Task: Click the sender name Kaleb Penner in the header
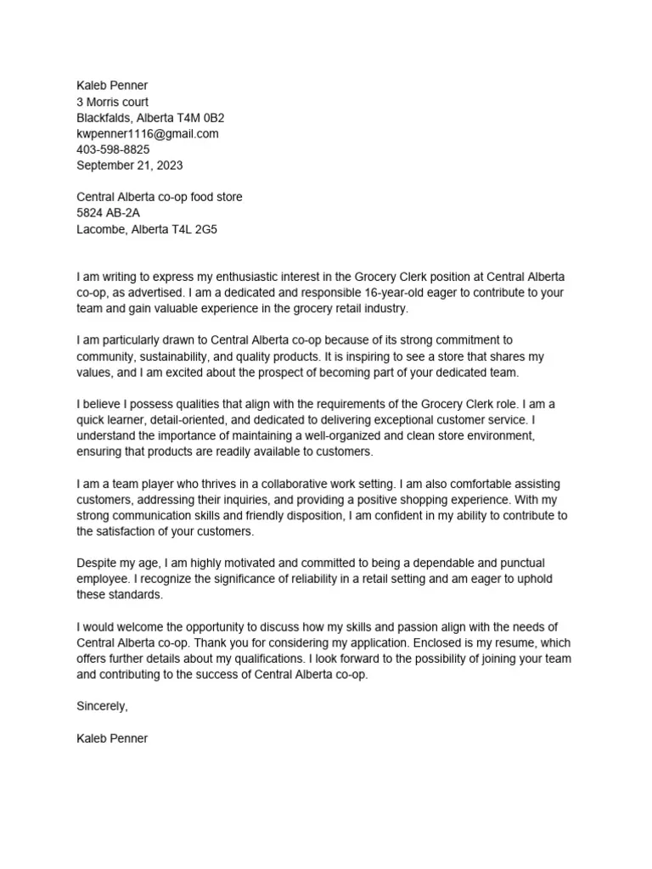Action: click(112, 86)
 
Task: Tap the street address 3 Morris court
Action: click(113, 102)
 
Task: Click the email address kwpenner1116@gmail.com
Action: click(148, 134)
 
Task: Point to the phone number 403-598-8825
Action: click(113, 149)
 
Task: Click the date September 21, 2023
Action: click(129, 165)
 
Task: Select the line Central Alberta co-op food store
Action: click(160, 197)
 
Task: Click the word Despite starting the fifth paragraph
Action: click(97, 563)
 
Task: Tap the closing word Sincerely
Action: click(102, 706)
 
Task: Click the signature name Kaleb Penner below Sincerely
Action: click(112, 738)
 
